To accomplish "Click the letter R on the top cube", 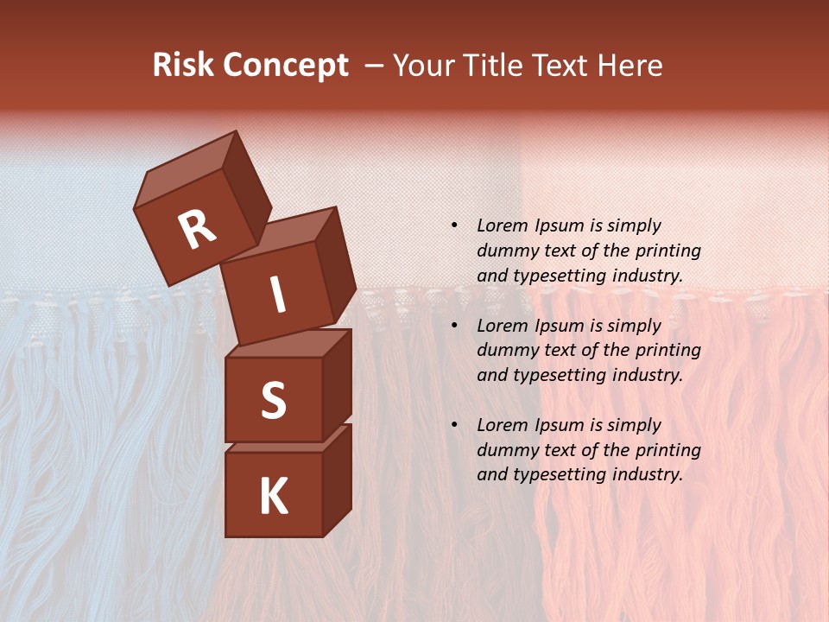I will [x=197, y=230].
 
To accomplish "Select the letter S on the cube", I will [x=273, y=400].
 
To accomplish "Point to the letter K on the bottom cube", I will [x=273, y=496].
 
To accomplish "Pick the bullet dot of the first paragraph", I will [x=454, y=225].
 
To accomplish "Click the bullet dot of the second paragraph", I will [x=454, y=326].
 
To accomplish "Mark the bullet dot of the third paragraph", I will [x=454, y=425].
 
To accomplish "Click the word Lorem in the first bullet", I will [x=501, y=225].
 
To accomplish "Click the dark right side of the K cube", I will [x=337, y=479].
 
